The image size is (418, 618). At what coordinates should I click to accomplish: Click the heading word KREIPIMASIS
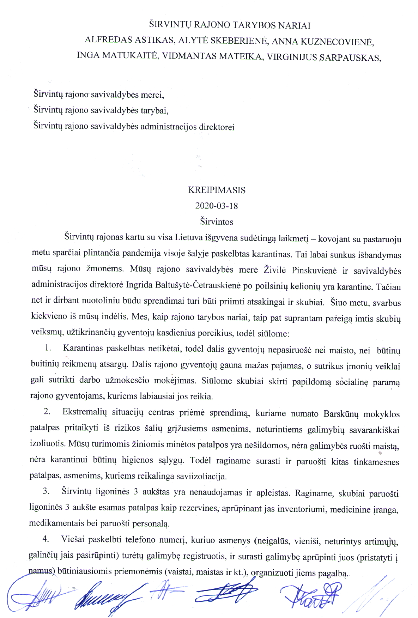pyautogui.click(x=217, y=190)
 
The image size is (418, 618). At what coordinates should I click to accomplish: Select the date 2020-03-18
pyautogui.click(x=217, y=206)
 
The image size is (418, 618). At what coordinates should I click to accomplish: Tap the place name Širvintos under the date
pyautogui.click(x=217, y=222)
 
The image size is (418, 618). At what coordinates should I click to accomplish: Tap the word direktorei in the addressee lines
pyautogui.click(x=217, y=127)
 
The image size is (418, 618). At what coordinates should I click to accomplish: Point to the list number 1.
pyautogui.click(x=48, y=348)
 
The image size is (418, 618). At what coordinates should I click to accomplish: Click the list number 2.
pyautogui.click(x=47, y=412)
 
